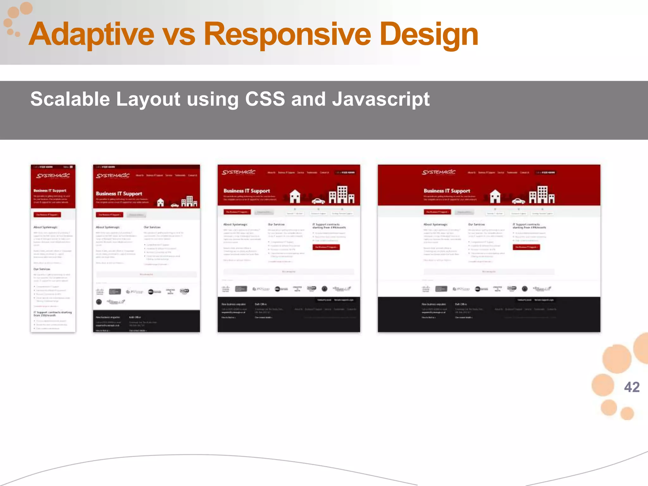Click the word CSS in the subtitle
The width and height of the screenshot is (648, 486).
coord(265,99)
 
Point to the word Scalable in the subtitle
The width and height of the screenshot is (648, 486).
coord(70,99)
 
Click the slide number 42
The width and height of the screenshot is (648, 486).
coord(632,387)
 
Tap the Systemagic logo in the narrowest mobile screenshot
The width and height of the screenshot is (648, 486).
coord(53,176)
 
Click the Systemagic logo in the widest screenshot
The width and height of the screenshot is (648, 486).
coord(439,172)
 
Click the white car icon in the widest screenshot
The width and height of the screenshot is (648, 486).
coord(519,201)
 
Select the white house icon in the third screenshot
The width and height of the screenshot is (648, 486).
coord(295,196)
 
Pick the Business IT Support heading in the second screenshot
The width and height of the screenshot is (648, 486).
coord(119,194)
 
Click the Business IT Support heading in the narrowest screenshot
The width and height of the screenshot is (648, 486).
coord(50,190)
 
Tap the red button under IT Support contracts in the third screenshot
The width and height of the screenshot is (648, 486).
coord(326,247)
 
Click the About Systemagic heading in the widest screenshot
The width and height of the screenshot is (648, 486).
coord(435,224)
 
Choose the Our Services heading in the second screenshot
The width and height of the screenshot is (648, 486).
coord(152,227)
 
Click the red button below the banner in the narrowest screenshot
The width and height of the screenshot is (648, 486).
coord(47,215)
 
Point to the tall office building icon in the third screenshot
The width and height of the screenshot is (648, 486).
coord(342,194)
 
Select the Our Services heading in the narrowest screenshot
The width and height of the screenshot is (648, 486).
coord(42,269)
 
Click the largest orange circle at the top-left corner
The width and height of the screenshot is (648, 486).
coord(26,8)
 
